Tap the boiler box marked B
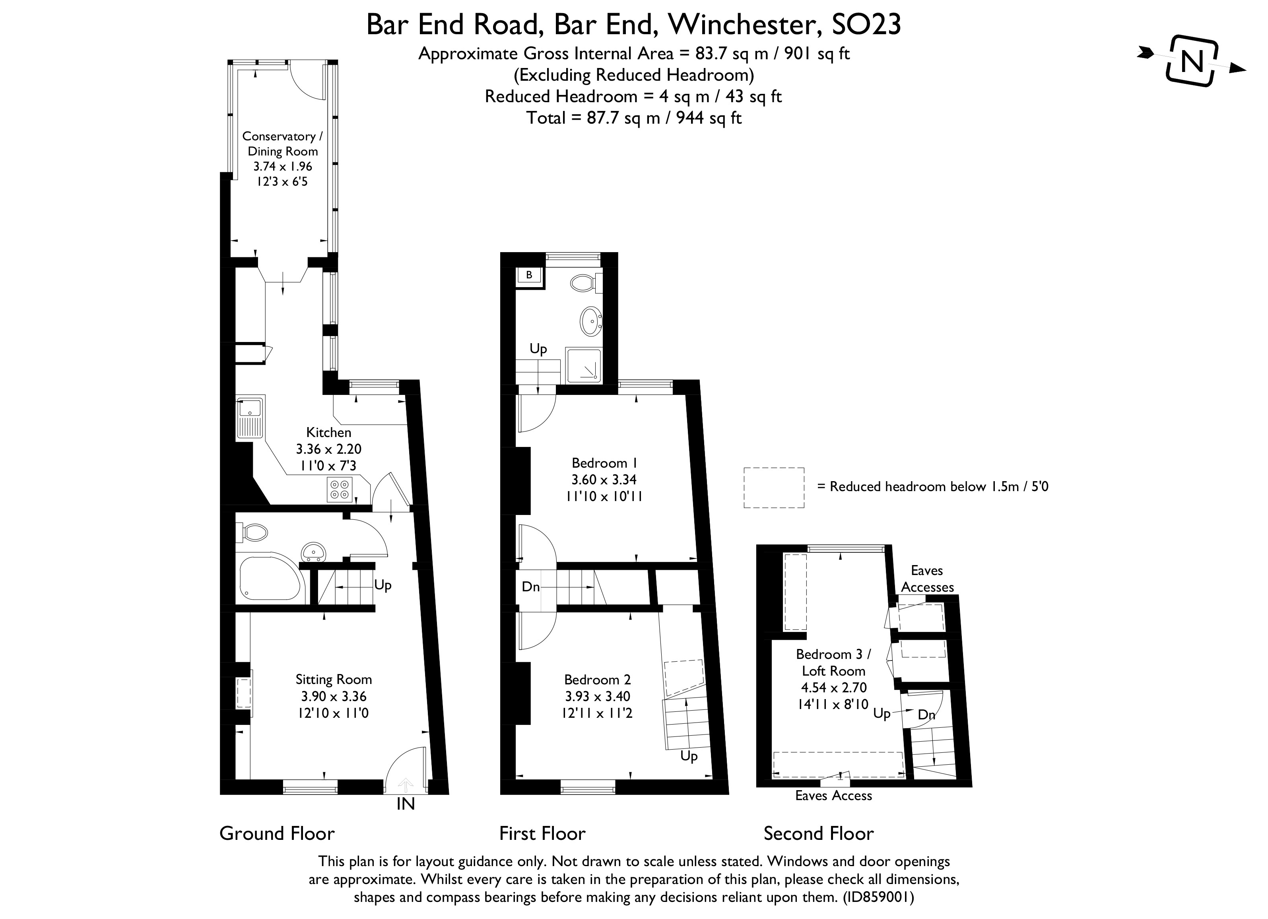tap(529, 275)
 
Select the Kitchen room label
tap(329, 432)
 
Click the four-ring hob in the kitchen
tap(339, 489)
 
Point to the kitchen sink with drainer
tap(250, 418)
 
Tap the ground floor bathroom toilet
tap(254, 532)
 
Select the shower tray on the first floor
tap(584, 366)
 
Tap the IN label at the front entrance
tap(405, 804)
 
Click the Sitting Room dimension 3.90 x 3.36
tap(334, 696)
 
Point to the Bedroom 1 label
tap(604, 463)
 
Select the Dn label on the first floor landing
tap(530, 587)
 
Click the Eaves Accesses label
tap(927, 579)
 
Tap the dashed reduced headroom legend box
tap(773, 488)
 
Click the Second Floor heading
tap(819, 834)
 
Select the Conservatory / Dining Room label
tap(282, 144)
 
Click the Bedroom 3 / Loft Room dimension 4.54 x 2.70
tap(833, 688)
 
